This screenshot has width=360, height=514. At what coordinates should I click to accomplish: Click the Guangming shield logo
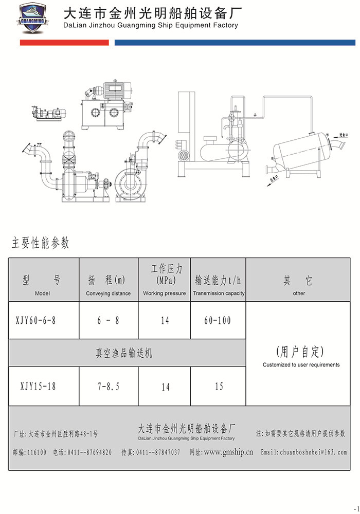[x=32, y=20]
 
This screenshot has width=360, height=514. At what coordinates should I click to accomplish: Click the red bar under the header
[x=64, y=43]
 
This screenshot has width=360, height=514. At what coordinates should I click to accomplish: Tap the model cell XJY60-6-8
[x=36, y=320]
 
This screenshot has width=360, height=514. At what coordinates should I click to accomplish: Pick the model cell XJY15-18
[x=38, y=386]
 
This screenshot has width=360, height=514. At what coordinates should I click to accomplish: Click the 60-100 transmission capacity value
[x=218, y=320]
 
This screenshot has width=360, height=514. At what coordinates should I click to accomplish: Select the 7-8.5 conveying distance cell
[x=108, y=386]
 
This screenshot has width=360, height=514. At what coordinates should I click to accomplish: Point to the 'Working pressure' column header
[x=164, y=293]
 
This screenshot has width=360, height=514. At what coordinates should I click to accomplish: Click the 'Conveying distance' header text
[x=108, y=293]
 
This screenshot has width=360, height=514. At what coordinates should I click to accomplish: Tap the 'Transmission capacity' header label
[x=219, y=293]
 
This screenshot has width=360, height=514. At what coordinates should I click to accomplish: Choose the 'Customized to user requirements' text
[x=301, y=365]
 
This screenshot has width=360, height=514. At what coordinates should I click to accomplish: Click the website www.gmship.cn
[x=228, y=452]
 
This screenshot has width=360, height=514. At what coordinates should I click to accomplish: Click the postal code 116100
[x=36, y=452]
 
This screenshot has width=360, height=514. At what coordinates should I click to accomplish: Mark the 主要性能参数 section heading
[x=41, y=243]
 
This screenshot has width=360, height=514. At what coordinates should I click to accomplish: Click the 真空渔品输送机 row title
[x=124, y=353]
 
